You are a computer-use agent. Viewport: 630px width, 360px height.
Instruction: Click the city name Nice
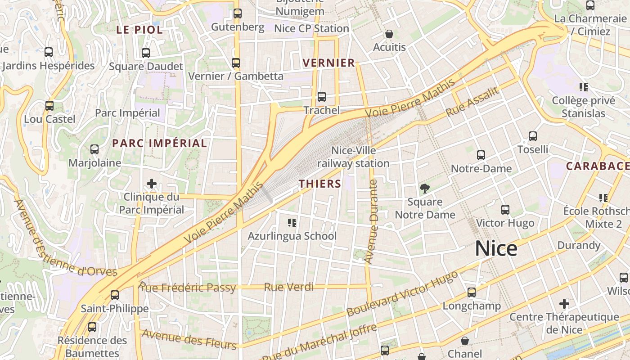coord(496,249)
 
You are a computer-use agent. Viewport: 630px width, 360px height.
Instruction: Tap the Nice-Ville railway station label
coord(353,157)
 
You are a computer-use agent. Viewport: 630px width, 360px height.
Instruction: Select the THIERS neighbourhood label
coord(320,184)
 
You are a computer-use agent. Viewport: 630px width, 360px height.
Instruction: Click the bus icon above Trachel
coord(321,97)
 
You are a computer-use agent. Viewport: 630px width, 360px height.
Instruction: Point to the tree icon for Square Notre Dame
coord(424,189)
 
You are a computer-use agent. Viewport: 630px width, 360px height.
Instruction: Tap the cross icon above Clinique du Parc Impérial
coord(152,184)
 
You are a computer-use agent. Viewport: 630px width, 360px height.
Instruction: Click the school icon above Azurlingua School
coord(292,223)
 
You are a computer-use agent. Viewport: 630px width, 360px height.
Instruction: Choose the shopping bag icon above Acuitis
coord(389,34)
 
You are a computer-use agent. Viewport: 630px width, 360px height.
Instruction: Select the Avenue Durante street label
coord(372,221)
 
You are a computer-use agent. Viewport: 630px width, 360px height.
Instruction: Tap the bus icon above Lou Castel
coord(49,106)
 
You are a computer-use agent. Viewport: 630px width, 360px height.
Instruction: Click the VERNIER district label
coord(329,63)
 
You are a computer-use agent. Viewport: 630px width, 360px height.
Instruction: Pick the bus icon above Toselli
coord(533,136)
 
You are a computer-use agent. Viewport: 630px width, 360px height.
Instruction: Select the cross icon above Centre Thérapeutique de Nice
coord(564,304)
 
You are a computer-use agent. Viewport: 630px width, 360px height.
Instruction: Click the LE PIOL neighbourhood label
coord(139,30)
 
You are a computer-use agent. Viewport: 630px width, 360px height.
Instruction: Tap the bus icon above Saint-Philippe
coord(115,295)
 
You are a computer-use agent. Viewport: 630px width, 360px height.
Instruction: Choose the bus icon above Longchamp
coord(471,292)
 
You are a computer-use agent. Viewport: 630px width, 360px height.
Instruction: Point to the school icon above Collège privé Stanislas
coord(584,87)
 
